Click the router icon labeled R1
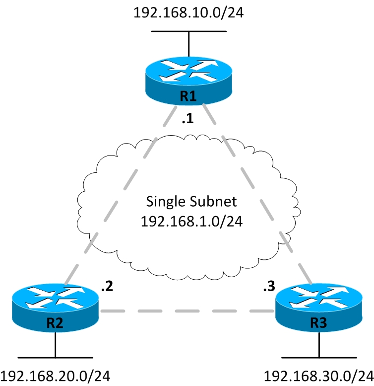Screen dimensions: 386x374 (188, 77)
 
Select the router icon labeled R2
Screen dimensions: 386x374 (55, 306)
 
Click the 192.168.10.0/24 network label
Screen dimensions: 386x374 (188, 12)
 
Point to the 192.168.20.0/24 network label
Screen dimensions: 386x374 (55, 376)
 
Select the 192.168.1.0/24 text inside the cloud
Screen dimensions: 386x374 (191, 221)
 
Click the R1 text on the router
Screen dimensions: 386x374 (188, 96)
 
